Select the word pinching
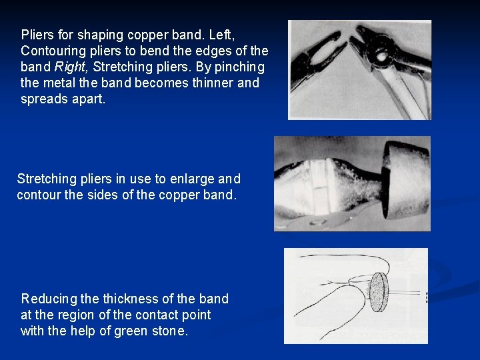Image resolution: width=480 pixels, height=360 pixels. [x=239, y=67]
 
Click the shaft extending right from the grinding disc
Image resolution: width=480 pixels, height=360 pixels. [x=407, y=293]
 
